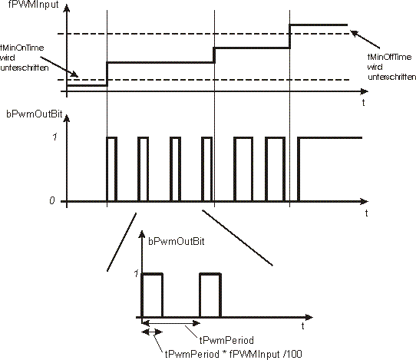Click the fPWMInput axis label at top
(34, 5)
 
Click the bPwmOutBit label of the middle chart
(35, 114)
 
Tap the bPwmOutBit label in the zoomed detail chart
(177, 242)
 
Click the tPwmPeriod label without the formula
(226, 340)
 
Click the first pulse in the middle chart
(112, 137)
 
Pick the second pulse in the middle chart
(144, 137)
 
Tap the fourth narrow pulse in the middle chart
(206, 137)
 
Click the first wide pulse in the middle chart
(243, 137)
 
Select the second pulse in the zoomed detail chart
(210, 274)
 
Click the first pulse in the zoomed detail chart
(152, 274)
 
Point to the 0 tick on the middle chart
(52, 200)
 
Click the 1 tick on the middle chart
(54, 137)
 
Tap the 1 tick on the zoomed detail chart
(136, 273)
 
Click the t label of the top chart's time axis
(363, 102)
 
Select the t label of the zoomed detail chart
(302, 325)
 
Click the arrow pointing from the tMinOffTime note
(365, 39)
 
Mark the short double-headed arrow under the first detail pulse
(152, 332)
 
